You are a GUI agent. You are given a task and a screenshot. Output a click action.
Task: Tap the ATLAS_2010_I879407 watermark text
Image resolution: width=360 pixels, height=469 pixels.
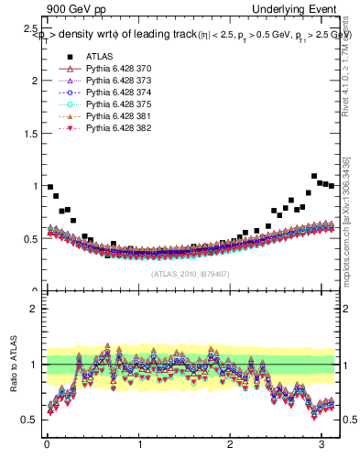[190, 274]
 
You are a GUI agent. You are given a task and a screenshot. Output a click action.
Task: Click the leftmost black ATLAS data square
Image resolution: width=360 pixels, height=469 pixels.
[50, 187]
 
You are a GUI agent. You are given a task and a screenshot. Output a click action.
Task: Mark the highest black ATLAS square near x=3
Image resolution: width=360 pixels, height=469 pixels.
[314, 176]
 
